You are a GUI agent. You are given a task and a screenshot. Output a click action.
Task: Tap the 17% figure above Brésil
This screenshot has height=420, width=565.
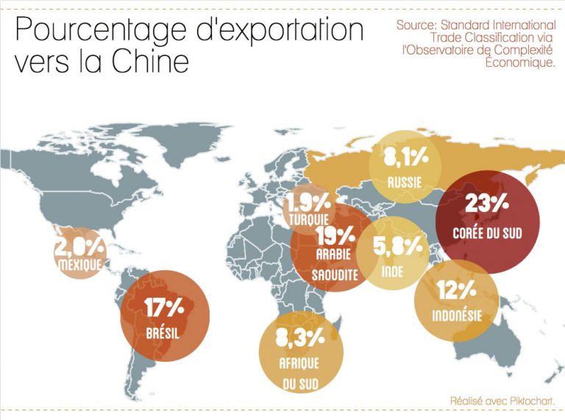pyautogui.click(x=163, y=307)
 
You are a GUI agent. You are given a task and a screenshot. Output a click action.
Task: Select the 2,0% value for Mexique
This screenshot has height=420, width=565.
pyautogui.click(x=79, y=246)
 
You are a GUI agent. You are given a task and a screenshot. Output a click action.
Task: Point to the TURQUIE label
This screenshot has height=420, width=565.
pyautogui.click(x=309, y=219)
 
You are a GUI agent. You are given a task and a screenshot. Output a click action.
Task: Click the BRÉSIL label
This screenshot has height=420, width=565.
pyautogui.click(x=163, y=332)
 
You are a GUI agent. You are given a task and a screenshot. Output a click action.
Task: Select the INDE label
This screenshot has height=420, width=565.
pyautogui.click(x=392, y=271)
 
